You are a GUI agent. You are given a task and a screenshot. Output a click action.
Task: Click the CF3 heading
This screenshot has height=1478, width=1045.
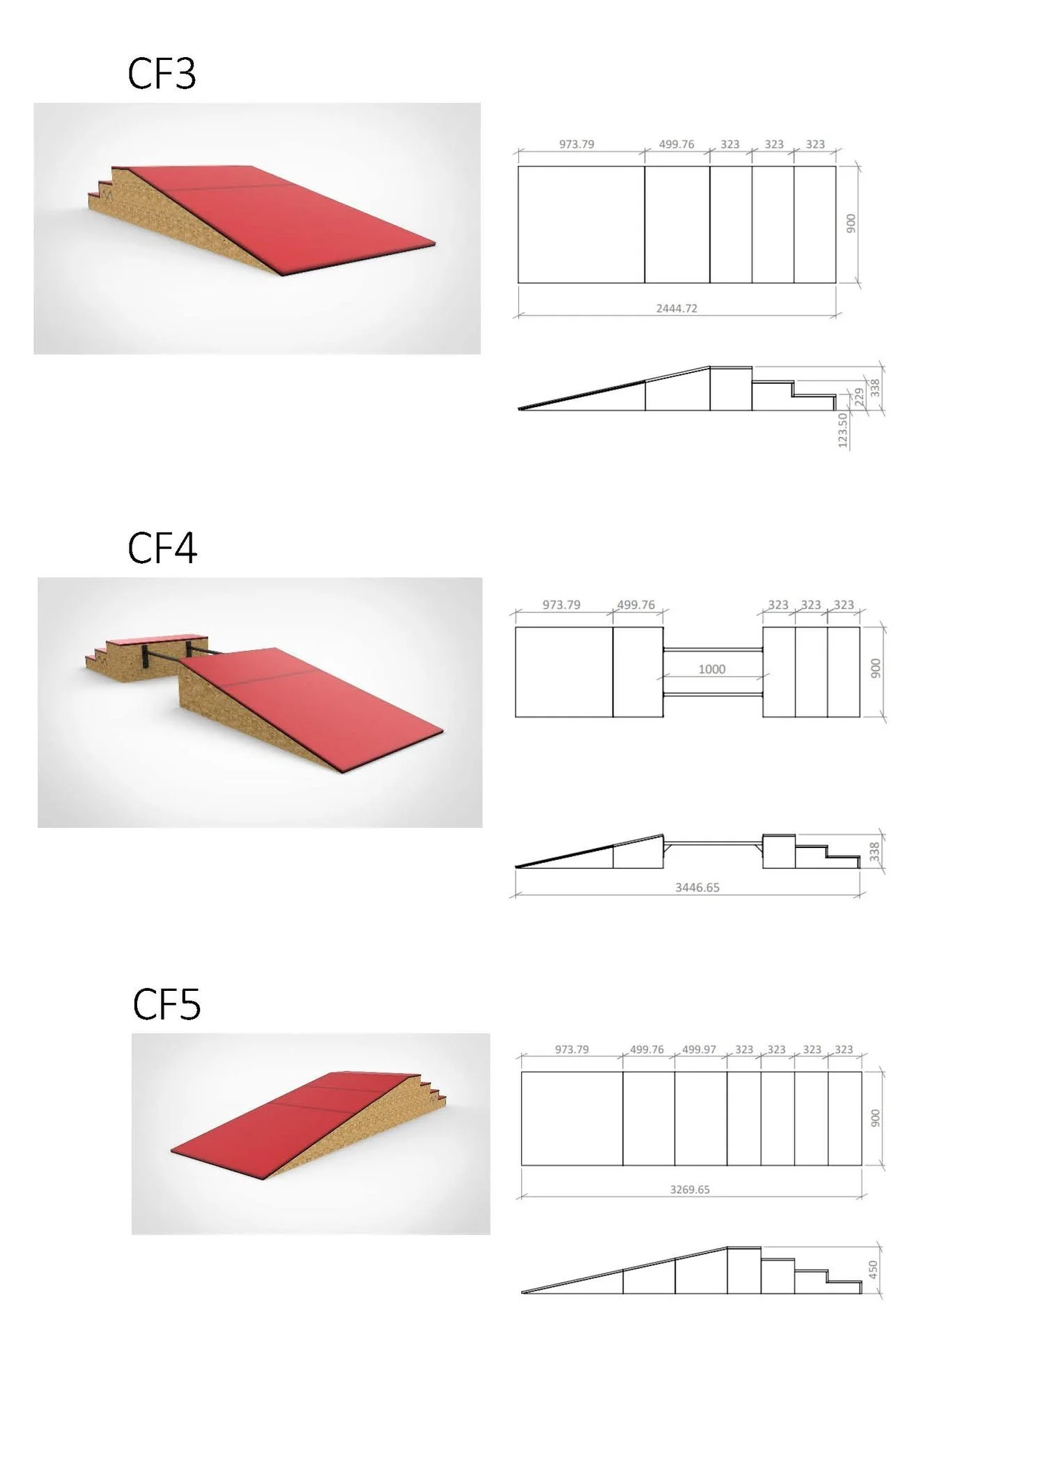(162, 74)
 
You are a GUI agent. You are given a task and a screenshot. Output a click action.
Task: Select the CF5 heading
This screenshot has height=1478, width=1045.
(167, 1004)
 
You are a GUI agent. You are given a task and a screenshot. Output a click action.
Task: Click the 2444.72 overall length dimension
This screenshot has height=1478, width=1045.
(676, 308)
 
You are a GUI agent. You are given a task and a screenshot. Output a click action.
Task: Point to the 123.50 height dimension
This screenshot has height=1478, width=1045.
(843, 430)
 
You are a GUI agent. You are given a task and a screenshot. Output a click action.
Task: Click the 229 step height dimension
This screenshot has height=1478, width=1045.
(859, 397)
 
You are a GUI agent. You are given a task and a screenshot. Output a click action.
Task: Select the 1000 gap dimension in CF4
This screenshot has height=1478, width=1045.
(712, 669)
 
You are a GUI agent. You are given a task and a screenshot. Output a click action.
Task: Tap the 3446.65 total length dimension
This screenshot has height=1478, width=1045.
(697, 887)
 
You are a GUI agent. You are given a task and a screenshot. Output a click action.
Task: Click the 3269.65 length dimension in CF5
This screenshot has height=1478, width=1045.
(690, 1190)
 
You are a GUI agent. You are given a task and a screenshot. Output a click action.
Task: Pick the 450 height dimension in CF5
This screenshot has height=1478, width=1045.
(874, 1270)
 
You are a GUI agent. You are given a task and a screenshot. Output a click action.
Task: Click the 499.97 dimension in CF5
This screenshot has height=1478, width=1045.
(699, 1049)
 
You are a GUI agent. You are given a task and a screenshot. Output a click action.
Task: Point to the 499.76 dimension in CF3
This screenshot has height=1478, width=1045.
(676, 144)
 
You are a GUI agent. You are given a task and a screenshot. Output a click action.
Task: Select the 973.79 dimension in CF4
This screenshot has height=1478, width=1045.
(562, 605)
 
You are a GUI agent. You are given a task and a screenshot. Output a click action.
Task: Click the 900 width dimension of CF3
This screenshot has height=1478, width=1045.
(851, 224)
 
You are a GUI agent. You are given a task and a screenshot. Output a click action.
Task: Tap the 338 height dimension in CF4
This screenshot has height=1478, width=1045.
(875, 851)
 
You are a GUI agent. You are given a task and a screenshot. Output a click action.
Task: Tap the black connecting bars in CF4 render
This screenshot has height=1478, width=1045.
(167, 656)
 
